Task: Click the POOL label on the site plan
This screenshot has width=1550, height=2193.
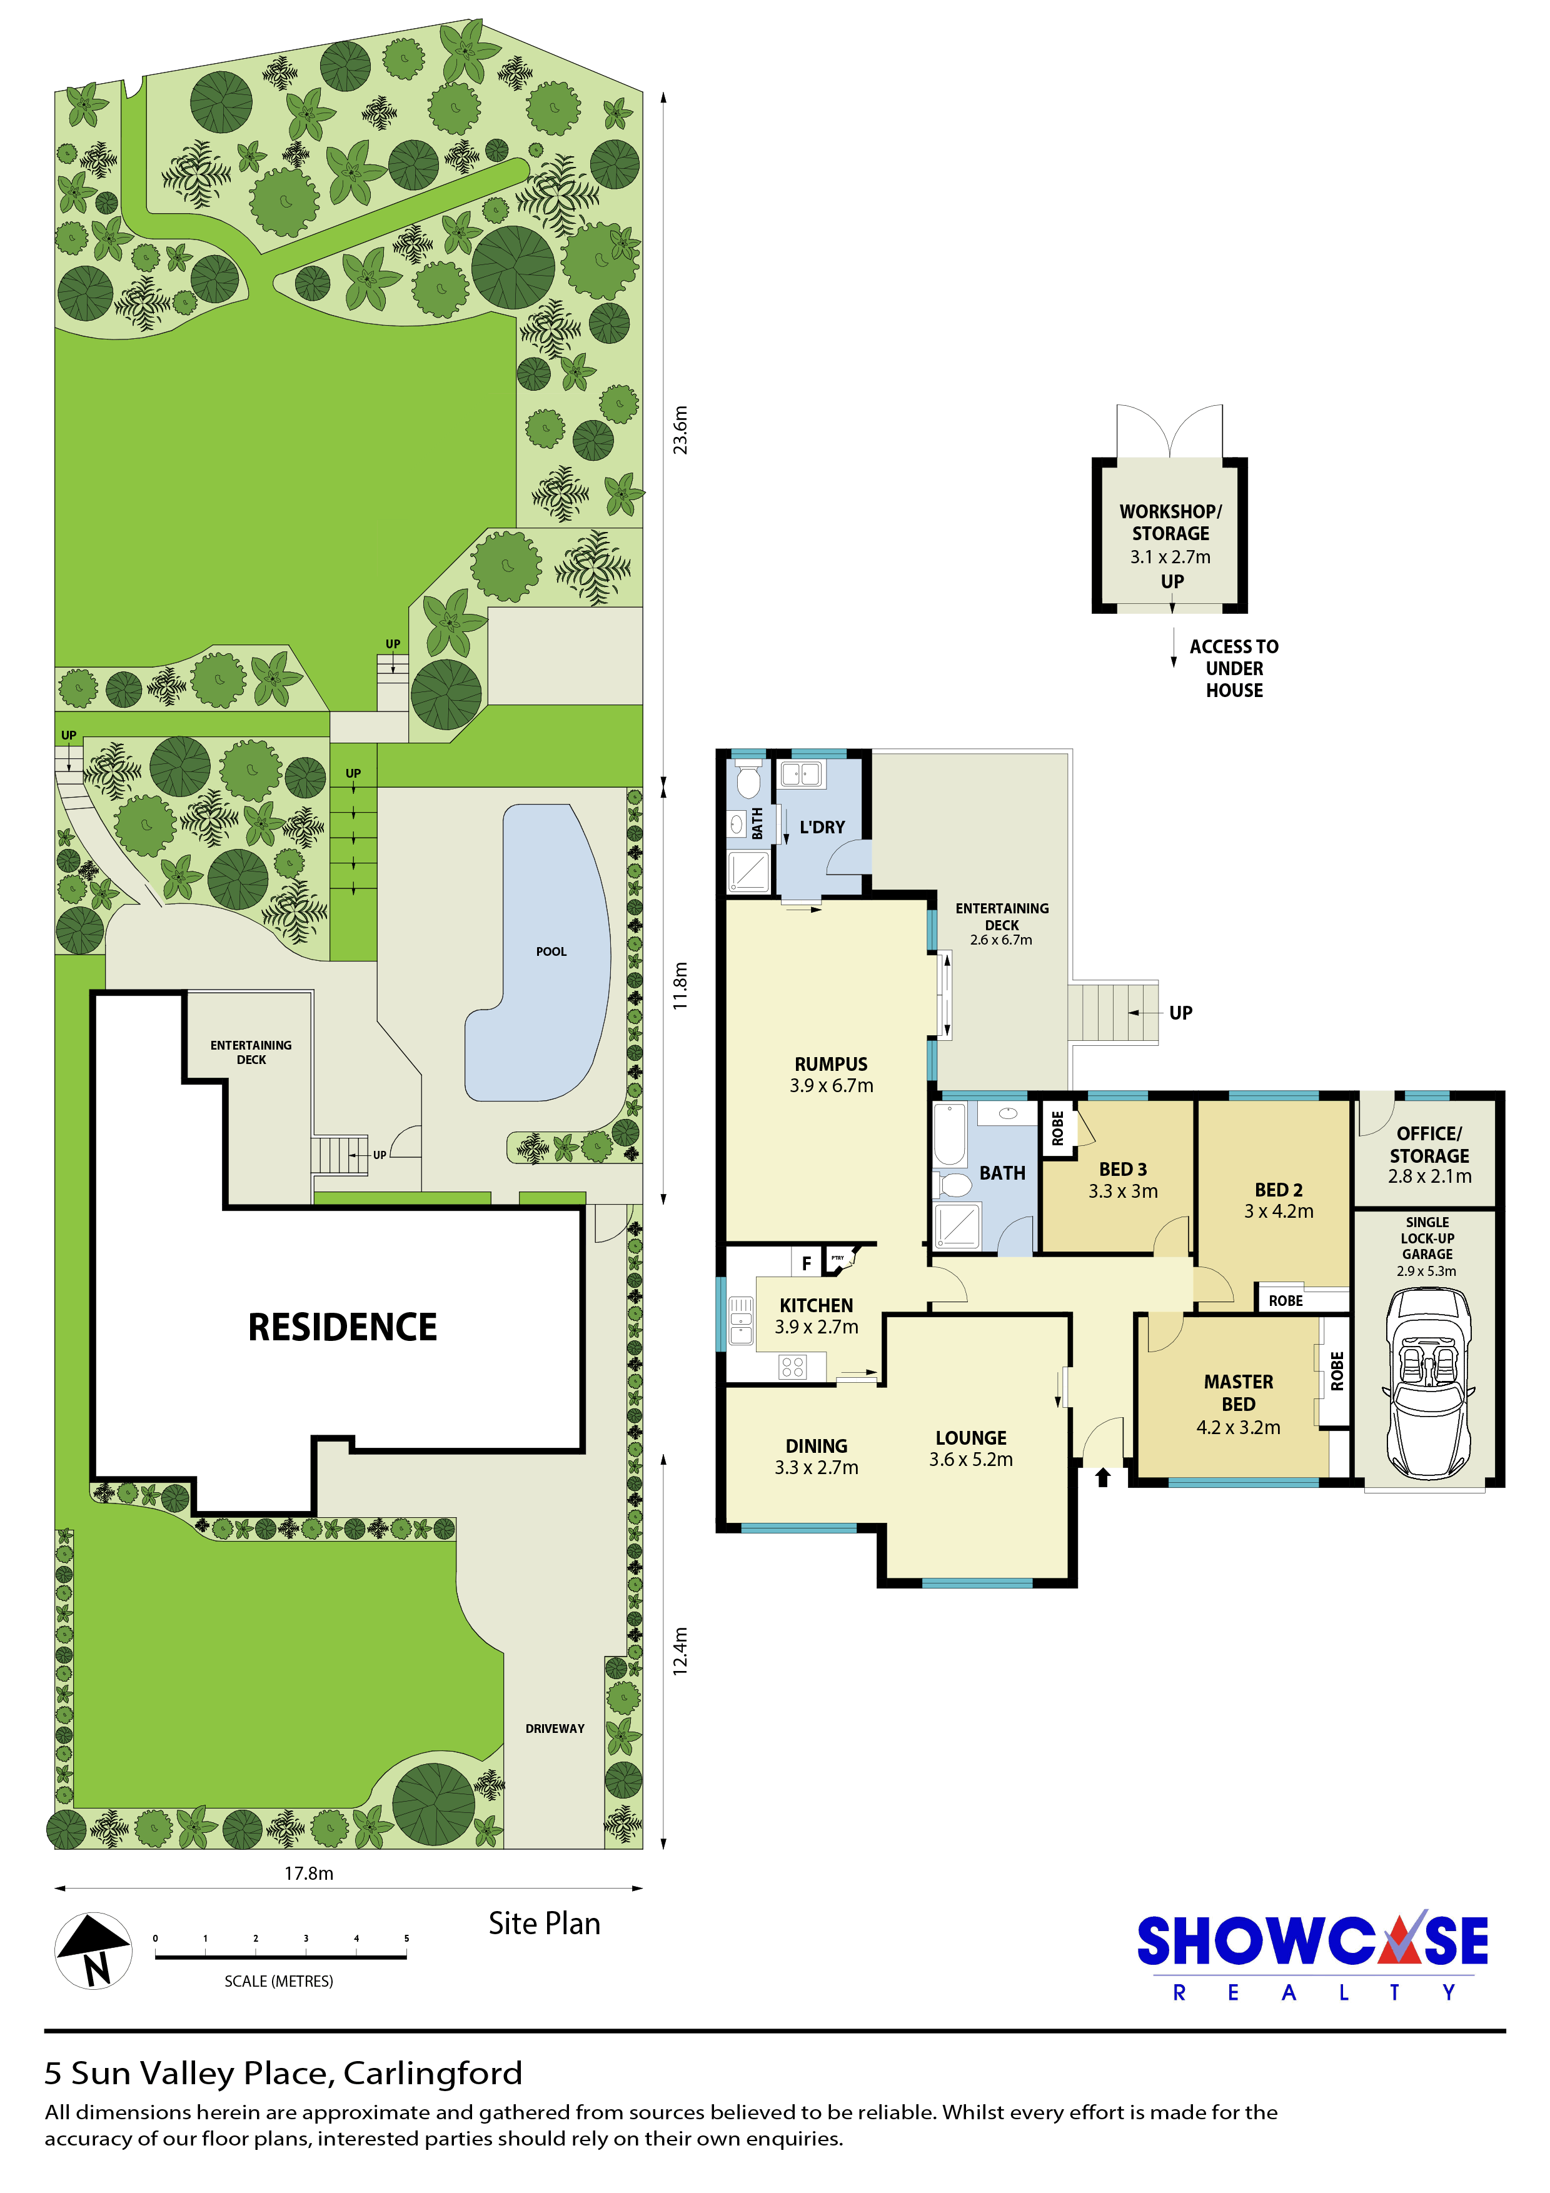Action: [551, 951]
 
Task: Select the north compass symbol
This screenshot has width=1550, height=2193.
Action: [93, 1950]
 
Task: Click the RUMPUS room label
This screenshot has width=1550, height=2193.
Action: [831, 1064]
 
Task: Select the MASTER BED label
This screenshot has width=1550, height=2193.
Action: [1239, 1393]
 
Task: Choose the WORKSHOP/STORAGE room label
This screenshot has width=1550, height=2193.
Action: [1171, 523]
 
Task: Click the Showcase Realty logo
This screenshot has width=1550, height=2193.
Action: [1313, 1954]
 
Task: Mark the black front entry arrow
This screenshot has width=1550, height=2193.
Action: [1103, 1478]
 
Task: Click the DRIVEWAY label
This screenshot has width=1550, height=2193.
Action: [555, 1728]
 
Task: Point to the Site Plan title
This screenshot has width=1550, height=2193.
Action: [545, 1924]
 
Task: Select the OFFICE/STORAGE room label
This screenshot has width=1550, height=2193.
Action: [1430, 1144]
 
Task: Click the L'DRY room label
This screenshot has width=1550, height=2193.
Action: [822, 827]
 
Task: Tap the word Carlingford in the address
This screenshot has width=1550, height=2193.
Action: [433, 2074]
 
